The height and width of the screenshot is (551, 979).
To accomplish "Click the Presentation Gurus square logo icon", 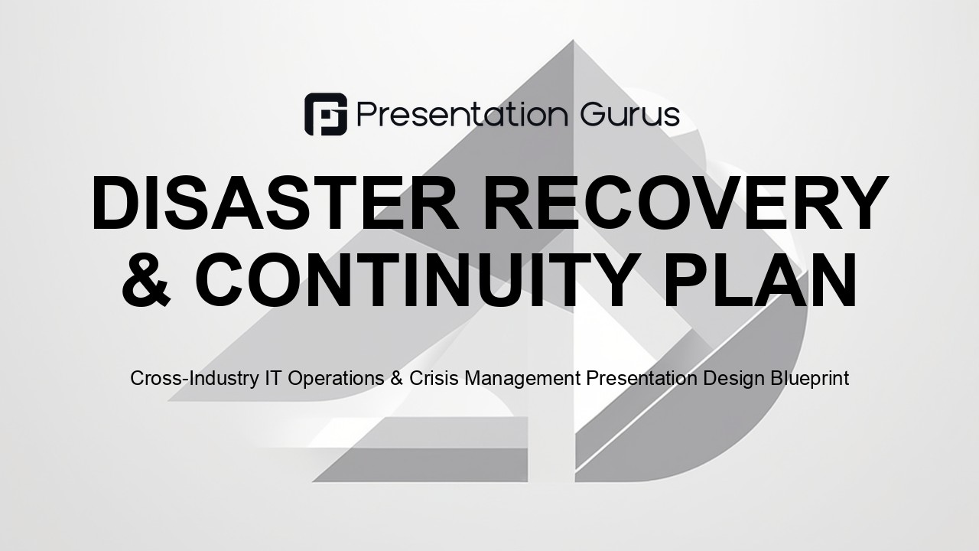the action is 326,114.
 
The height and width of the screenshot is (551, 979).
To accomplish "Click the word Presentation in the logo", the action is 463,115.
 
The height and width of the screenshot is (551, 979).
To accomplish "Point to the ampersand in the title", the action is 146,280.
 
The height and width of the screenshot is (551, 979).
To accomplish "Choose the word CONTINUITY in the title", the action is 415,280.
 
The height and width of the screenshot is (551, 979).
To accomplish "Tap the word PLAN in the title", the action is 759,280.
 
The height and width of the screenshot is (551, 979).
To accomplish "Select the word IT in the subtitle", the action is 273,378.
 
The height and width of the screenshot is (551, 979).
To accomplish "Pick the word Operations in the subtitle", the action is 336,379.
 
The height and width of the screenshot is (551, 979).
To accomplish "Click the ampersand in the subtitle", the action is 396,378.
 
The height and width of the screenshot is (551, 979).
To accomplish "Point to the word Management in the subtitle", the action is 522,379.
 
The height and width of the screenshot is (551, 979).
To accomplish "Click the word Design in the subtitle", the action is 733,379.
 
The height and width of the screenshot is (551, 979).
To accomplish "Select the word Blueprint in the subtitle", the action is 809,379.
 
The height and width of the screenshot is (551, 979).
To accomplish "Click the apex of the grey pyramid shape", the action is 573,41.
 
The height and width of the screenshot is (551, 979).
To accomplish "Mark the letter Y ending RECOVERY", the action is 862,203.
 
